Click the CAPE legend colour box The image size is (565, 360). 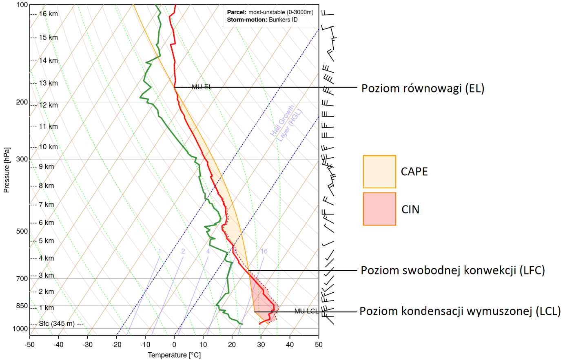point(379,172)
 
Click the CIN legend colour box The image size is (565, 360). point(379,209)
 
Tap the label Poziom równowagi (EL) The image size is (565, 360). point(423,88)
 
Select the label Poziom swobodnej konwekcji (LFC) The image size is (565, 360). point(453,270)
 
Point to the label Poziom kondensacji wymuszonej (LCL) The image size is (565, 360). point(460,311)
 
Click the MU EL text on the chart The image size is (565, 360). point(202,87)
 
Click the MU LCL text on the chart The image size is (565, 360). point(306,311)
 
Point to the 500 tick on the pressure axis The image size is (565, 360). point(22,231)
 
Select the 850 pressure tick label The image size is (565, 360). point(22,306)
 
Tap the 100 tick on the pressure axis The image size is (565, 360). point(22,5)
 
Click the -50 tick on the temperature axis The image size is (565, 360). point(29,345)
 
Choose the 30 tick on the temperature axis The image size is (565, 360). point(261,345)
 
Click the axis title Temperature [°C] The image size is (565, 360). point(174,355)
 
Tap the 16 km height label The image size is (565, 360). point(48,14)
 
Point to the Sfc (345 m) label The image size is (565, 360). point(57,324)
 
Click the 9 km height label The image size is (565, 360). point(46,166)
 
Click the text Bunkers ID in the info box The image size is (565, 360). point(283,20)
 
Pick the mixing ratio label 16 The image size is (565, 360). point(264,251)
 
